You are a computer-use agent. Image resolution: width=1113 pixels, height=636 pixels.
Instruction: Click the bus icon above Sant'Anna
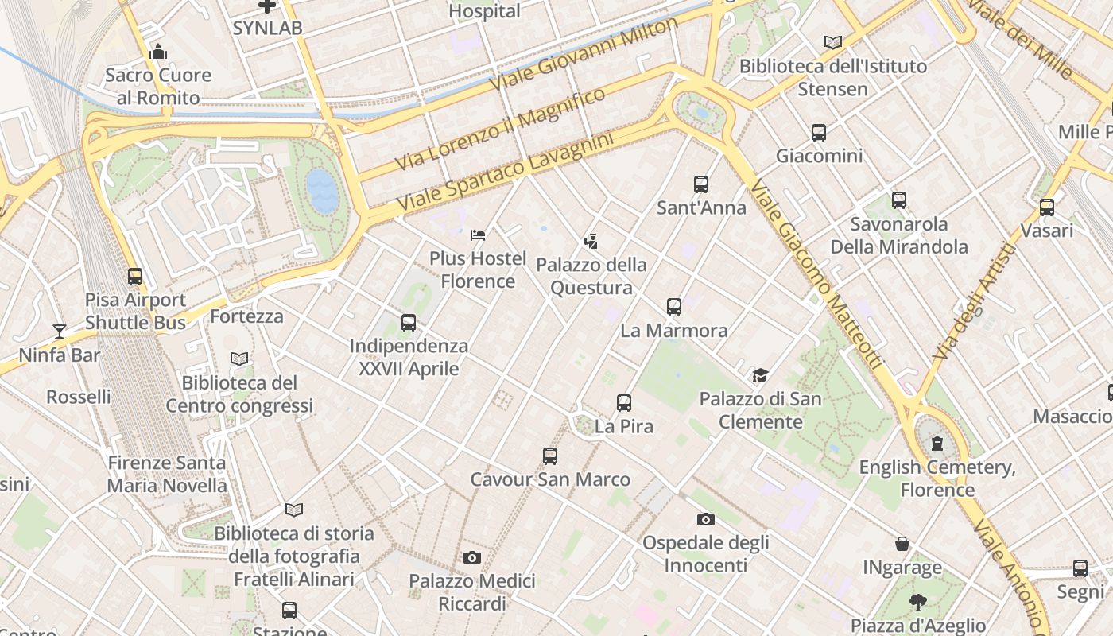tap(700, 184)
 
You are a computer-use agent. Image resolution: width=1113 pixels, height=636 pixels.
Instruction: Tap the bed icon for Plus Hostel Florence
tap(478, 235)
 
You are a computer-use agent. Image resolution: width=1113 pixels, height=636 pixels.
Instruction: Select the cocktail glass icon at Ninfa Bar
tap(60, 331)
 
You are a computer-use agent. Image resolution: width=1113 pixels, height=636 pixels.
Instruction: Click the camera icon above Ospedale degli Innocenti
tap(705, 520)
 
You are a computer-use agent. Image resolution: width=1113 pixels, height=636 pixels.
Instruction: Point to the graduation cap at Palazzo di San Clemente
tap(760, 375)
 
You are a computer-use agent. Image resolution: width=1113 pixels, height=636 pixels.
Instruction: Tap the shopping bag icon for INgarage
tap(902, 545)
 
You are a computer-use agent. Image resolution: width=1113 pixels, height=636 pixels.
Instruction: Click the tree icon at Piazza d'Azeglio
tap(918, 603)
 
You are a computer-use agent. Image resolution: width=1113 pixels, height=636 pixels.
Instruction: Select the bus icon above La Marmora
tap(674, 307)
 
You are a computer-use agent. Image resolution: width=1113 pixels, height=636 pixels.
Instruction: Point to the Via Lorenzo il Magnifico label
tap(500, 129)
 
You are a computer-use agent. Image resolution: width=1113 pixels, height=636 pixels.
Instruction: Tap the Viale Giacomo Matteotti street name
tap(816, 275)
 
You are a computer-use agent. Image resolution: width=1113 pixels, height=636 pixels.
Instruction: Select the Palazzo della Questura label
tap(591, 276)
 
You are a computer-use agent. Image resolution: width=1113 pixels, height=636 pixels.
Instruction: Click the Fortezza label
tap(246, 316)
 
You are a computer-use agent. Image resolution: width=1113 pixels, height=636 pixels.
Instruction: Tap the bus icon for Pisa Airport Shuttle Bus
tap(135, 277)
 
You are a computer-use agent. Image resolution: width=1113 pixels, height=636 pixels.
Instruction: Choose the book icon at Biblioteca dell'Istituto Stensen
tap(832, 43)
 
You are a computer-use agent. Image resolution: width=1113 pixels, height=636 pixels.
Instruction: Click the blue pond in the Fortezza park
tap(322, 191)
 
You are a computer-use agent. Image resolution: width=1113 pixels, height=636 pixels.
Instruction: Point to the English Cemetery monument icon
tap(937, 443)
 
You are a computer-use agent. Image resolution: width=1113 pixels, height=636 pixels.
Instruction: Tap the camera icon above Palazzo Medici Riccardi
tap(472, 558)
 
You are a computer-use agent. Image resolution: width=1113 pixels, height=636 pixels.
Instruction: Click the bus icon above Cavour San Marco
tap(550, 456)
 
